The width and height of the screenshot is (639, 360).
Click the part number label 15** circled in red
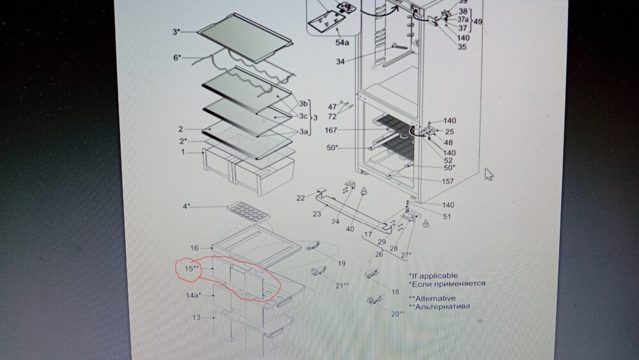pos(192,269)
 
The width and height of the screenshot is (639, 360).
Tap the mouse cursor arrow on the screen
pos(489,174)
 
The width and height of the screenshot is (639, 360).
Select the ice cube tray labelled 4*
pos(249,212)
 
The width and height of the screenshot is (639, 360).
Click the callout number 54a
pos(343,42)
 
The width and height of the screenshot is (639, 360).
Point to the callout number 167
pos(331,130)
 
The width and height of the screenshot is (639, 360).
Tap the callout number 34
pos(341,61)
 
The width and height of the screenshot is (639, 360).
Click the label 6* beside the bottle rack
pos(177,58)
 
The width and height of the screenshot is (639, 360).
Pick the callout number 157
pos(448,181)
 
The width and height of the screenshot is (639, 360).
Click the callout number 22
pos(301,198)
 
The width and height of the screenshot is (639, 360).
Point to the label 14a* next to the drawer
pos(194,295)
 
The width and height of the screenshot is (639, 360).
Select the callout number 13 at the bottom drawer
pos(196,317)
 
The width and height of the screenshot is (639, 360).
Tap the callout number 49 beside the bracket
pos(478,22)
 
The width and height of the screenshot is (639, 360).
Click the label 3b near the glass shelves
pos(303,104)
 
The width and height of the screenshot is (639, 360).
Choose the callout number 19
pos(341,263)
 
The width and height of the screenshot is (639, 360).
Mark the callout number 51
pos(447,217)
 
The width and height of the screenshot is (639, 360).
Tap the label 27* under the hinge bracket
pos(406,255)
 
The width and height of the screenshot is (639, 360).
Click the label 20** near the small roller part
pos(397,313)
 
